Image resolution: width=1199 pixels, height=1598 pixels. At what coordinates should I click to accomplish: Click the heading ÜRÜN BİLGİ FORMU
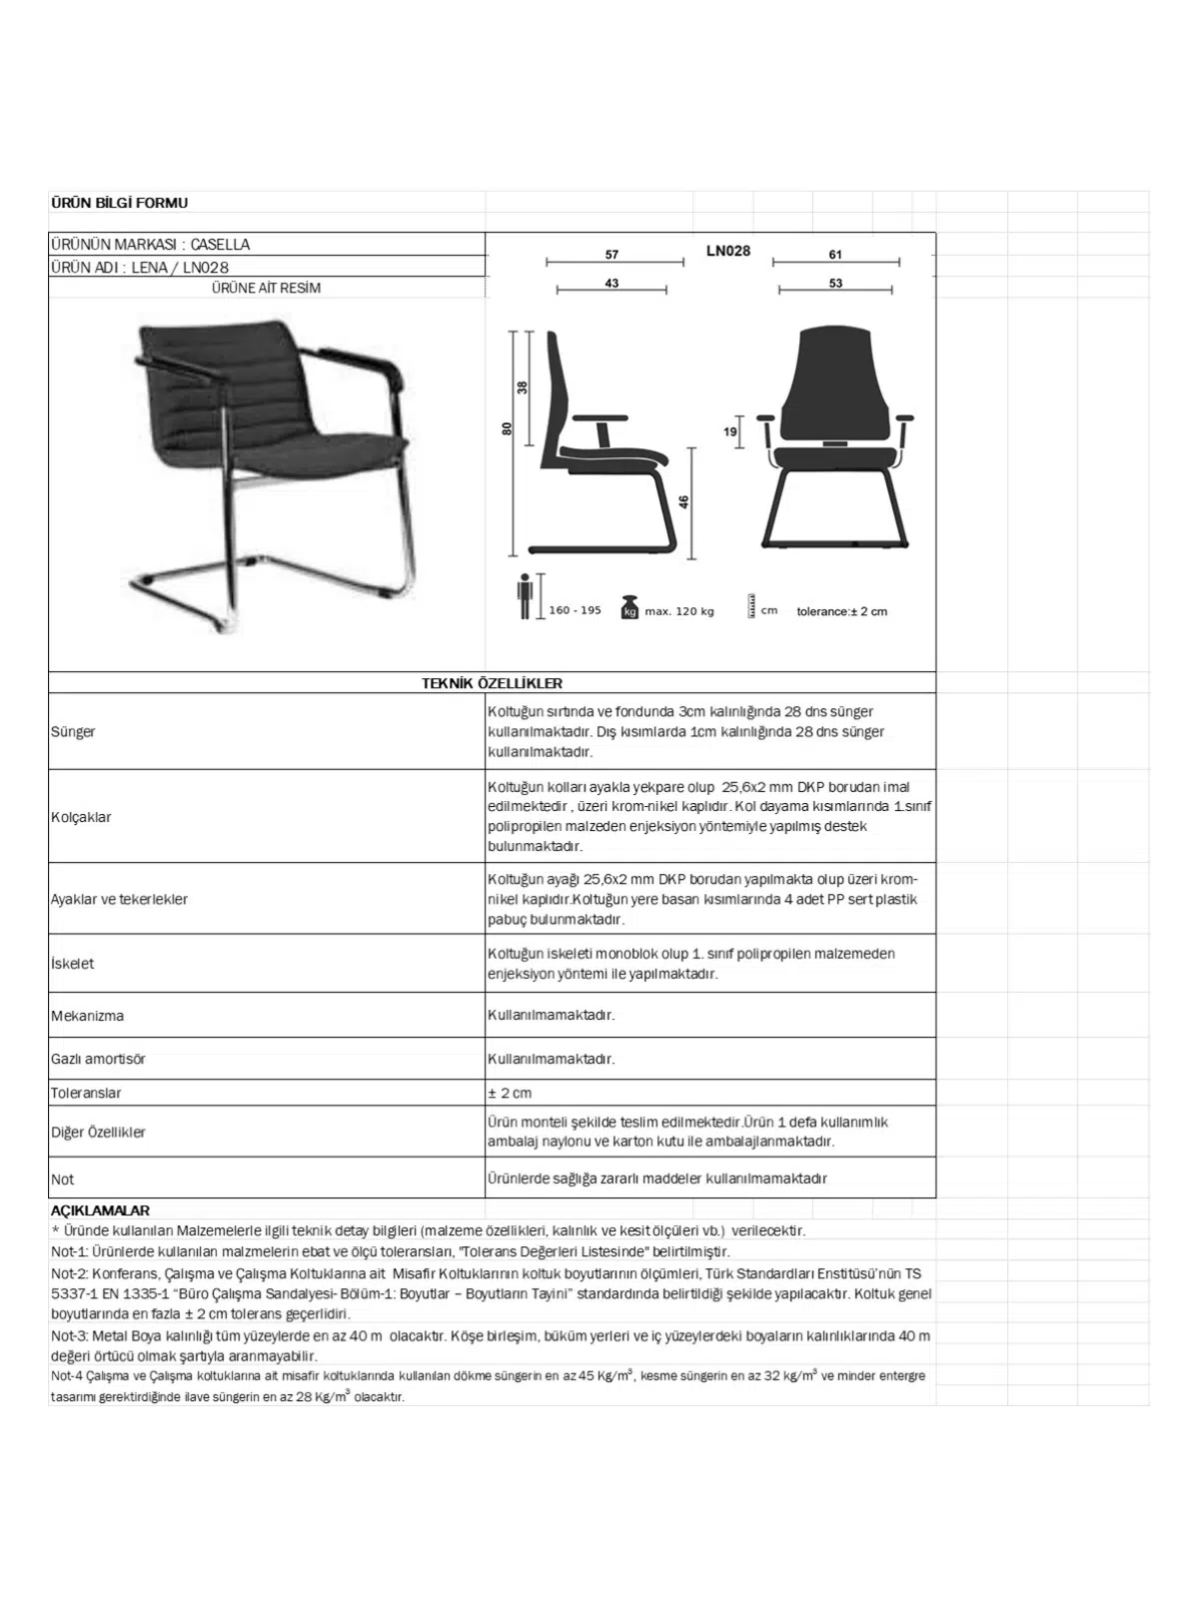click(119, 203)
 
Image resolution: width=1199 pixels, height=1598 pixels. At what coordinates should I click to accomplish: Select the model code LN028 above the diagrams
click(727, 251)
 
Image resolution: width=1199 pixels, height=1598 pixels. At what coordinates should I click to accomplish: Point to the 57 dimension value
click(611, 255)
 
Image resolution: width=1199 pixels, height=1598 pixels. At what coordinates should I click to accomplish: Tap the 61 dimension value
click(835, 255)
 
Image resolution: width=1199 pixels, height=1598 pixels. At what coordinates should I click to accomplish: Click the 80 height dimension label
click(507, 428)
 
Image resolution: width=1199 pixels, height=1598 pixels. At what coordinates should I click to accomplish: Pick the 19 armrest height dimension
click(730, 432)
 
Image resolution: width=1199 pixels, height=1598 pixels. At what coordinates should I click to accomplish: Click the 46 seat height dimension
click(684, 502)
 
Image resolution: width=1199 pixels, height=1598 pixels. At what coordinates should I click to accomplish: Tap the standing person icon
click(525, 597)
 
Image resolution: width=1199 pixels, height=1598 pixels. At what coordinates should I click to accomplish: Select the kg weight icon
click(629, 607)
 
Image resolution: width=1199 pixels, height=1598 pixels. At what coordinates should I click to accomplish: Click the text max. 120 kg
click(679, 611)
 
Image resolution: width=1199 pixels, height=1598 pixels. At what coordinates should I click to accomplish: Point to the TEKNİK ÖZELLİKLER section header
click(492, 683)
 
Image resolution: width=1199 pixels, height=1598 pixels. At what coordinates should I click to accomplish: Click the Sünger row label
click(73, 732)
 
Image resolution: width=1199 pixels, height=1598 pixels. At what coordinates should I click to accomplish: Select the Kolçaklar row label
click(81, 817)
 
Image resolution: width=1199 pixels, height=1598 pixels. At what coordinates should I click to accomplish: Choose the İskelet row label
click(72, 964)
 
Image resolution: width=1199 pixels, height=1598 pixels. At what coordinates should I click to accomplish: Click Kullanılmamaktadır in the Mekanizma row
click(551, 1015)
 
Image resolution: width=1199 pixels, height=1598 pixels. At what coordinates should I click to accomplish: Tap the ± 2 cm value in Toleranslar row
click(510, 1093)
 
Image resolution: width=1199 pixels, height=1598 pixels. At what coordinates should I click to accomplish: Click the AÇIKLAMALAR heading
click(100, 1210)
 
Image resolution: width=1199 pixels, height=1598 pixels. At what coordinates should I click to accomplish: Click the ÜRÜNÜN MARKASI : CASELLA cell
click(150, 245)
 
